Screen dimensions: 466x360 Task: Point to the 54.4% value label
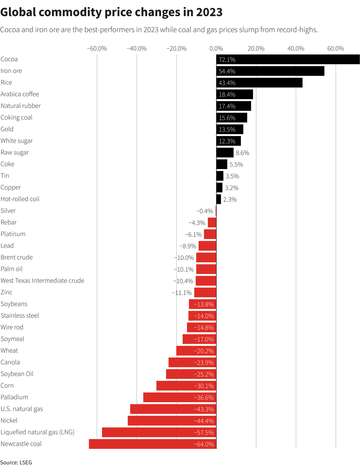227,71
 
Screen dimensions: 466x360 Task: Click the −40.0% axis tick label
136,48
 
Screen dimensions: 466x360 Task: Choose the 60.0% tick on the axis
336,48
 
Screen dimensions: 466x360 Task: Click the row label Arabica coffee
20,94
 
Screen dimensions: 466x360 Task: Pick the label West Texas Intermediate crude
42,281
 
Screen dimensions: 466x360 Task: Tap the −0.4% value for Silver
204,211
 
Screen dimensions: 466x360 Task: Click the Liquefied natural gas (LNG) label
37,432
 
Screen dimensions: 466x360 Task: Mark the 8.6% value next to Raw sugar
242,153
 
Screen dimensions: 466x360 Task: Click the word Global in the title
18,12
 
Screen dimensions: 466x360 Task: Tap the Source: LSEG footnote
16,462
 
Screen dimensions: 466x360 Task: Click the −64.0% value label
204,444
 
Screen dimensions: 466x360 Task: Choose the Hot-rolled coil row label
20,199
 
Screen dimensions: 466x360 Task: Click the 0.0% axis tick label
216,48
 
